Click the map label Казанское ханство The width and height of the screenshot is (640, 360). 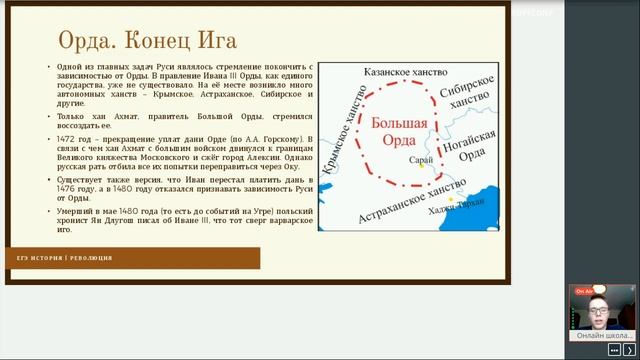[x=387, y=74]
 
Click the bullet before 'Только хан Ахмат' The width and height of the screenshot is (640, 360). [x=50, y=116]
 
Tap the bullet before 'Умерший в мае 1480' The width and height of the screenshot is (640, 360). [x=50, y=212]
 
